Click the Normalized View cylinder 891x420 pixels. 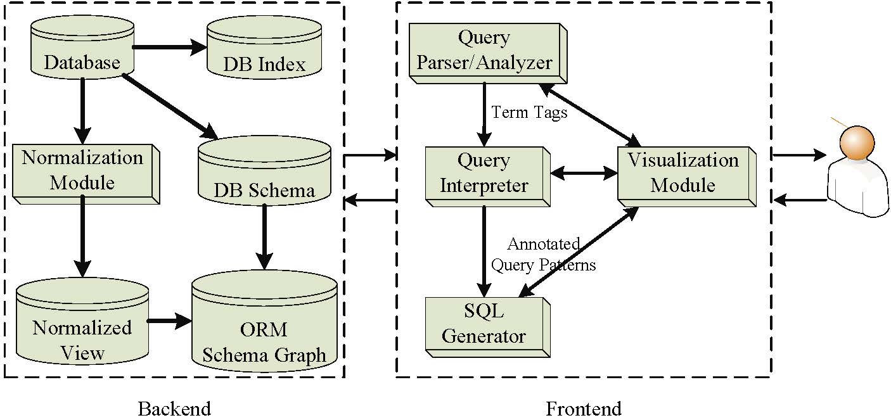[x=82, y=329]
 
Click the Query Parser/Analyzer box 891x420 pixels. [x=485, y=52]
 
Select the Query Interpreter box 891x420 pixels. [x=484, y=174]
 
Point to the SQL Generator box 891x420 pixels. [x=484, y=324]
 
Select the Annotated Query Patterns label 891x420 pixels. [x=544, y=254]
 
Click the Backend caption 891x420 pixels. [x=174, y=408]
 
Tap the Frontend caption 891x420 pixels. [x=584, y=408]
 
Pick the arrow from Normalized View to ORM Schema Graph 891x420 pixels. [x=170, y=321]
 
